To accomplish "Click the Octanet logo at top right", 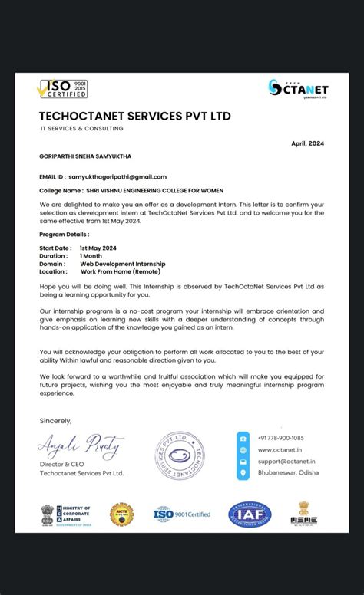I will pos(298,88).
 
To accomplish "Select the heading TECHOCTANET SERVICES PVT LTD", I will pos(134,117).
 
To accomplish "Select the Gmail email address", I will pos(117,177).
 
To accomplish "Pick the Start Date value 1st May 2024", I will pos(98,248).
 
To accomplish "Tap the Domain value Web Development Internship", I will pos(122,264).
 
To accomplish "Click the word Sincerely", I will pos(55,420).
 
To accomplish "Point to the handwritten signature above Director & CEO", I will pos(80,445).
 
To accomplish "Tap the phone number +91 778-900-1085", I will pos(281,438).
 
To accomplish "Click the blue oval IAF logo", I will pos(250,514).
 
